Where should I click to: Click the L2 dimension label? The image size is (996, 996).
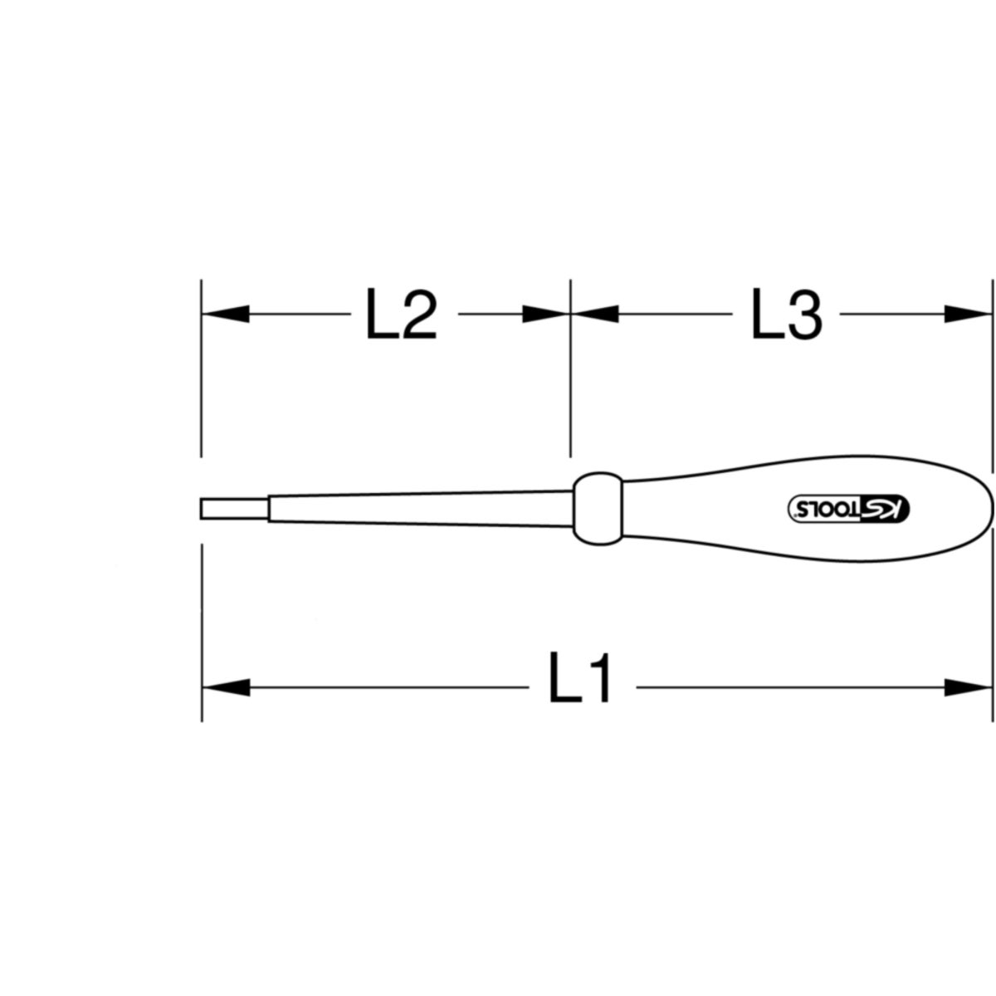click(402, 313)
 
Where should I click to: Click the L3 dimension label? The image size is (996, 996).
click(787, 313)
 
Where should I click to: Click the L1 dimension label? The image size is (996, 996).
click(580, 676)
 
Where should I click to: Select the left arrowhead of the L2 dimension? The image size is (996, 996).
click(226, 314)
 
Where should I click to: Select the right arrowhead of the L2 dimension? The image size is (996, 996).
click(546, 314)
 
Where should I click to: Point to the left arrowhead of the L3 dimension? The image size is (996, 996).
click(595, 314)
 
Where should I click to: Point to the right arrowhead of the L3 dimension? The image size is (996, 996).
click(968, 314)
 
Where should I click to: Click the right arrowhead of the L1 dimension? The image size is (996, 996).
click(968, 687)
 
